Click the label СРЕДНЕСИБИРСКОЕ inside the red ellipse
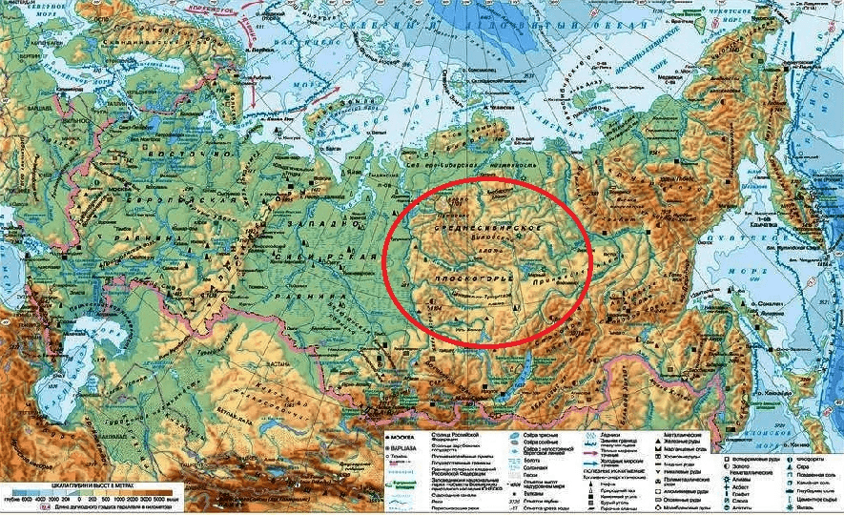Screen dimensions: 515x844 (487, 232)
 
